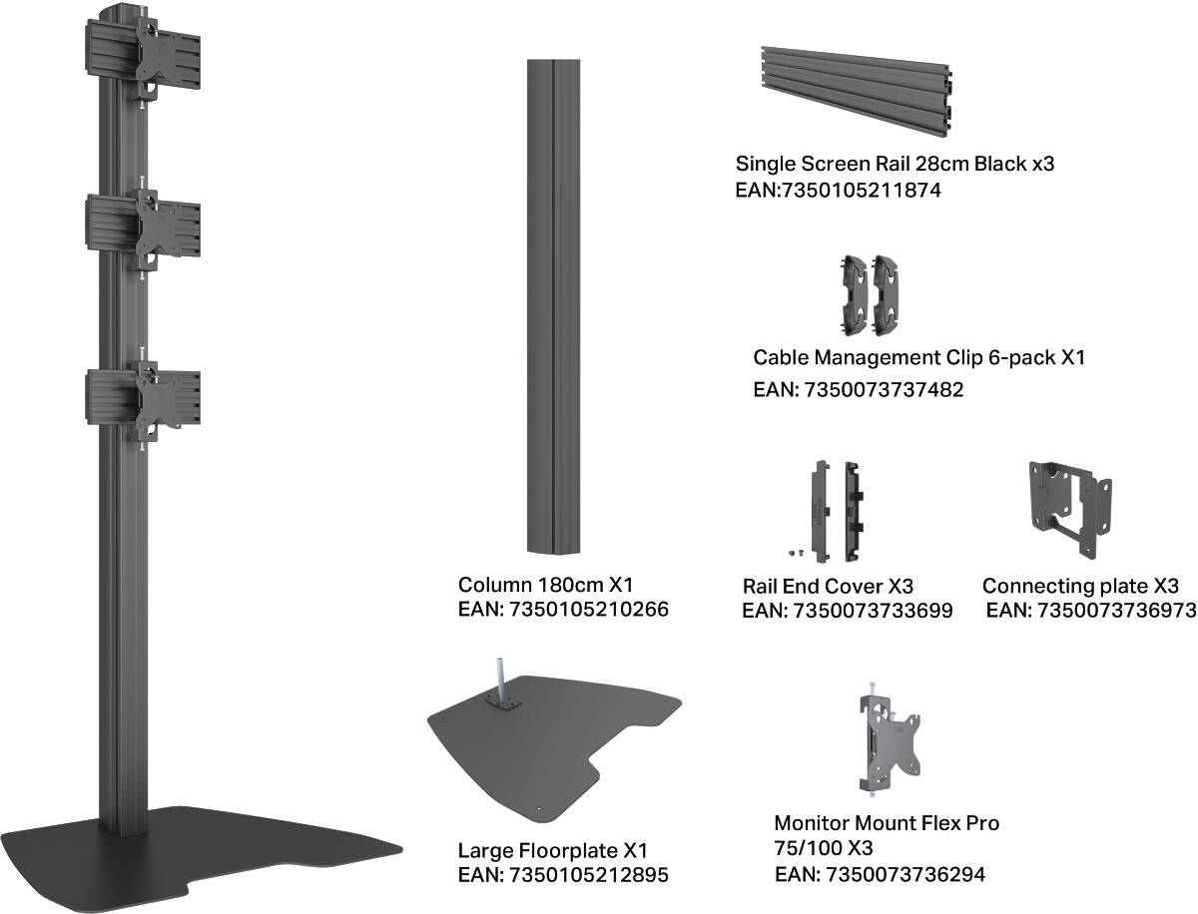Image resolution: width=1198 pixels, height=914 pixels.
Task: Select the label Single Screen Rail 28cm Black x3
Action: point(895,164)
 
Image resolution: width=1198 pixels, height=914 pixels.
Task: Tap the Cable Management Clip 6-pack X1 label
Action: point(918,357)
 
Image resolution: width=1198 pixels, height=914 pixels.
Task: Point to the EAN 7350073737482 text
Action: point(859,389)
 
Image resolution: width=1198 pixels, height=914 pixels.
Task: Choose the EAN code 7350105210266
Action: point(563,609)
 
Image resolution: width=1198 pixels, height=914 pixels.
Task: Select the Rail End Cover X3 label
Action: point(828,586)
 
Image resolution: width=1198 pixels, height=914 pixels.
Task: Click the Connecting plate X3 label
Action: point(1080,586)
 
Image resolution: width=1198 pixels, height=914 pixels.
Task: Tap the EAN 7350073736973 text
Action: point(1090,610)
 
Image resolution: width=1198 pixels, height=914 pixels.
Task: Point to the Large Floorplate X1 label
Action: point(553,851)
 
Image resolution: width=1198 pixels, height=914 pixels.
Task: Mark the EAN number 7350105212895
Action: point(563,875)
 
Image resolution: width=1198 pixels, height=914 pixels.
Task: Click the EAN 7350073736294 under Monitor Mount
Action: point(881,875)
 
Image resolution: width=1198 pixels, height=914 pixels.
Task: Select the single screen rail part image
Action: point(856,93)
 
